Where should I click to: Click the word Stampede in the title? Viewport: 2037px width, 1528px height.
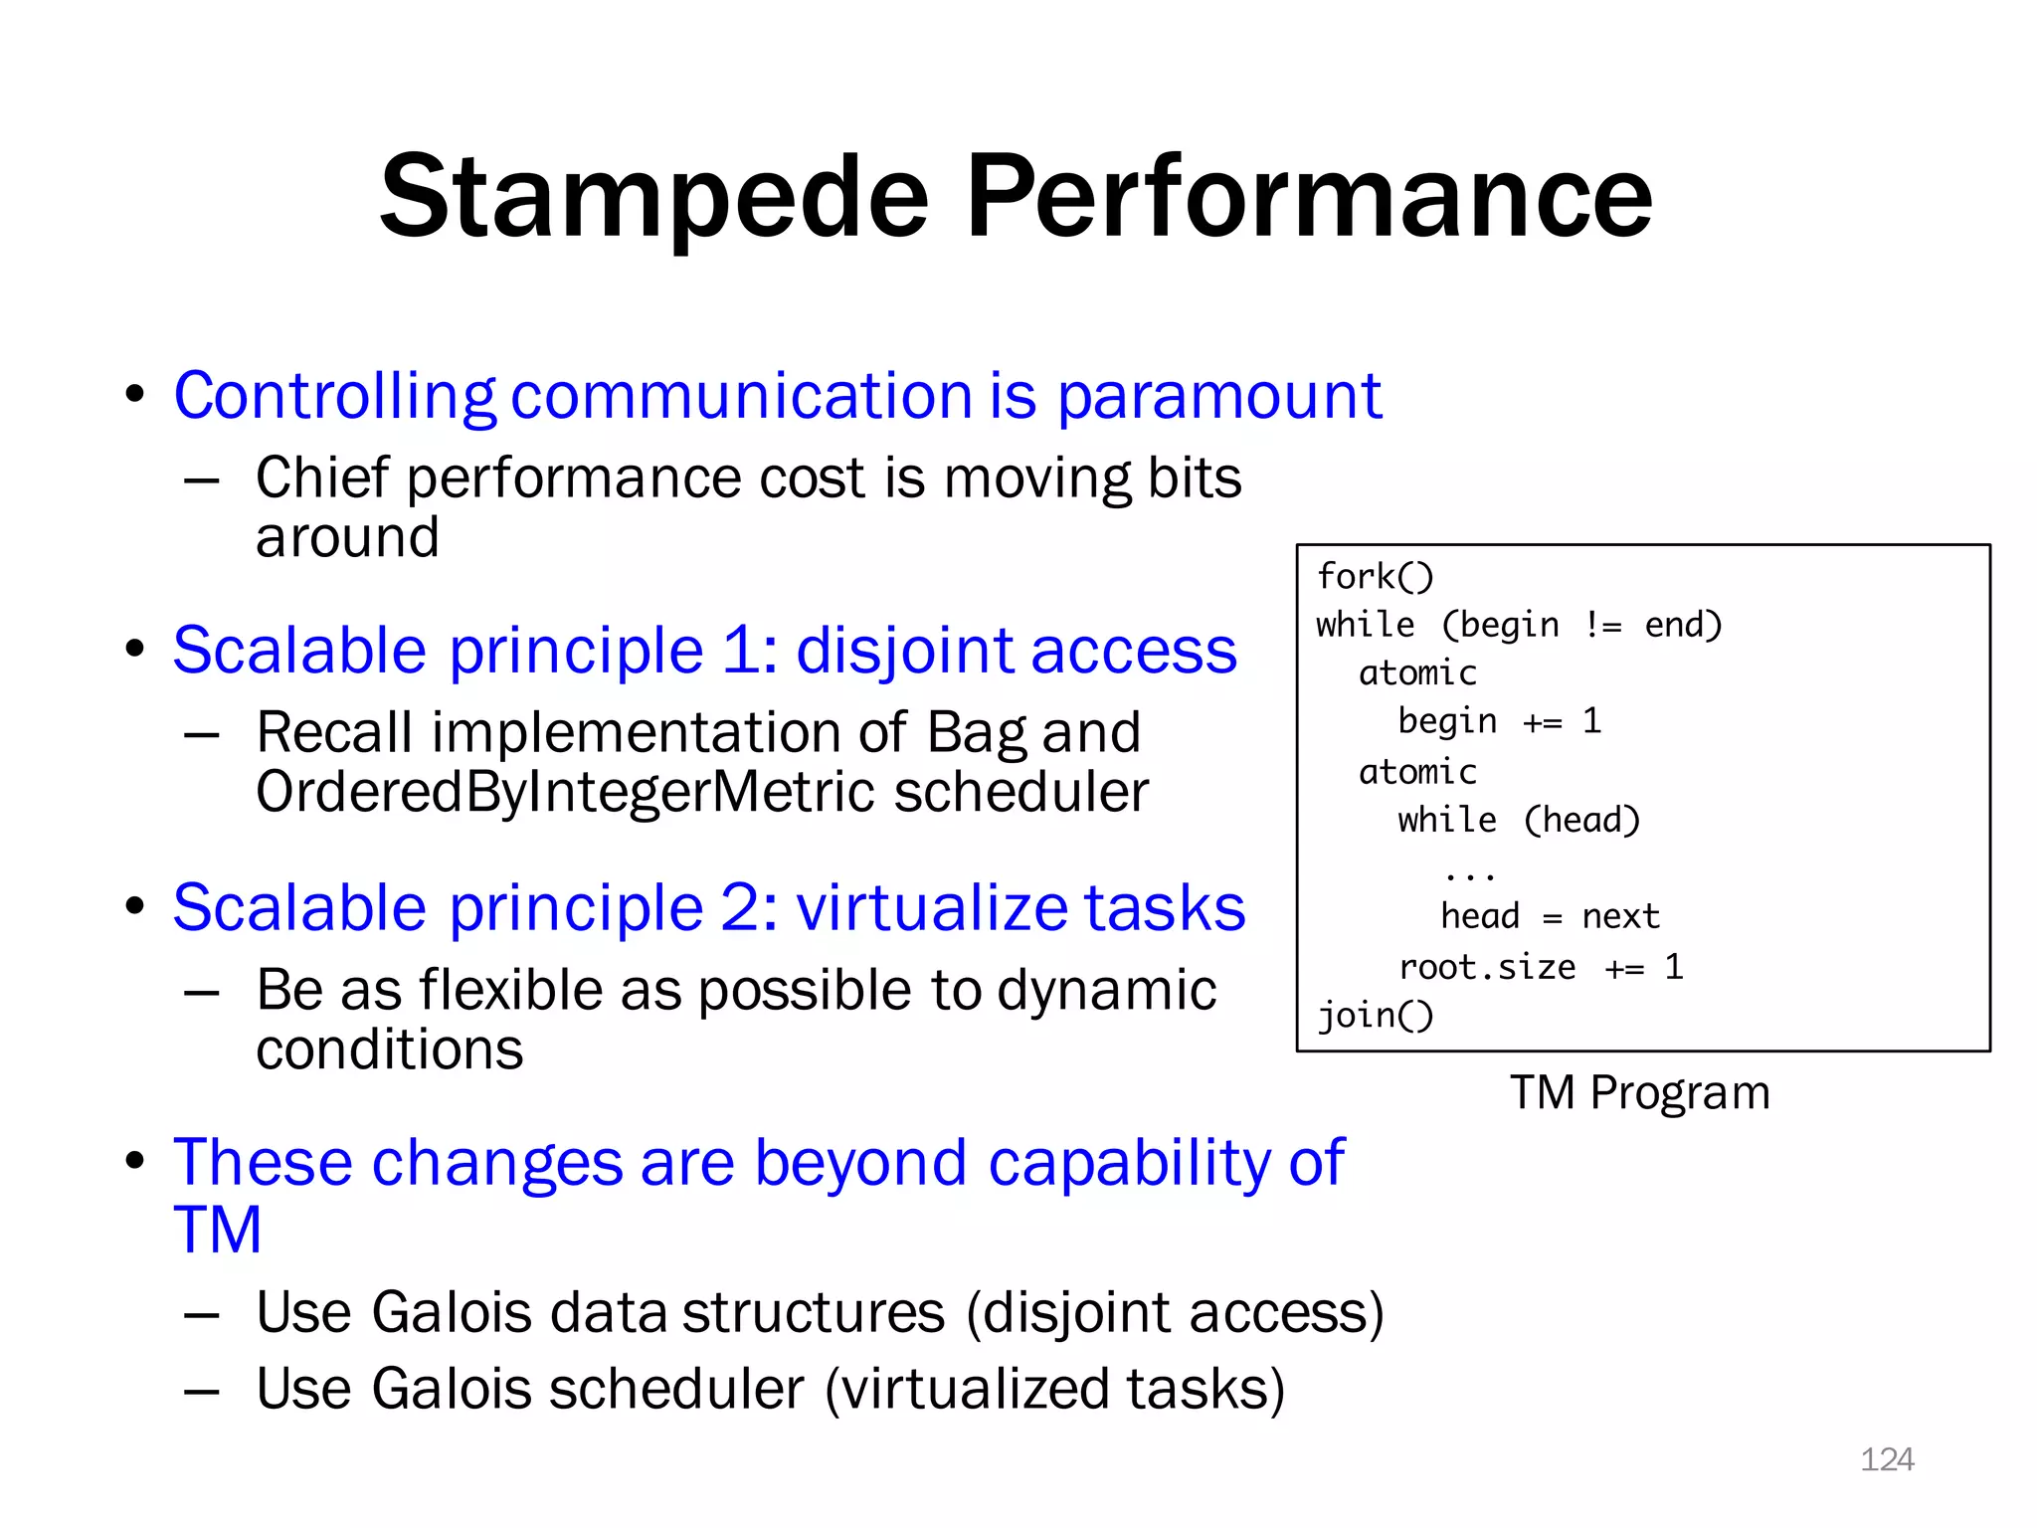[653, 197]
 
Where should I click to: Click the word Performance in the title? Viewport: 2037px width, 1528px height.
[1308, 197]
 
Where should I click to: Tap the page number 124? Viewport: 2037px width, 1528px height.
[1887, 1459]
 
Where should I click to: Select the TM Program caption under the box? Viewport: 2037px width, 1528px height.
[1640, 1092]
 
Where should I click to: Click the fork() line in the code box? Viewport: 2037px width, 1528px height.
[1375, 576]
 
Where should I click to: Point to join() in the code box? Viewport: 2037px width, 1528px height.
[1375, 1016]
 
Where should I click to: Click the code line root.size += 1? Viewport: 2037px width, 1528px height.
[1540, 967]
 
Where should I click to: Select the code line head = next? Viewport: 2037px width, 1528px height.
[1550, 916]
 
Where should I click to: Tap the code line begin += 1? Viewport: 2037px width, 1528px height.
[1499, 721]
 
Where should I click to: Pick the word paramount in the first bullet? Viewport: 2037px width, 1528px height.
[1218, 396]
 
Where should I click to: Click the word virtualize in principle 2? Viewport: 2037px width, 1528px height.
[931, 907]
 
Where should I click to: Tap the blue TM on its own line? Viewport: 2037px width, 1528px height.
[217, 1230]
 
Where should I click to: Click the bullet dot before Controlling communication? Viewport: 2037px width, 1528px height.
[135, 394]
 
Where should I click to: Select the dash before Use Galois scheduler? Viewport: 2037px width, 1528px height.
[201, 1391]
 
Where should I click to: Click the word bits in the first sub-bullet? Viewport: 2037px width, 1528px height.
[1195, 478]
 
